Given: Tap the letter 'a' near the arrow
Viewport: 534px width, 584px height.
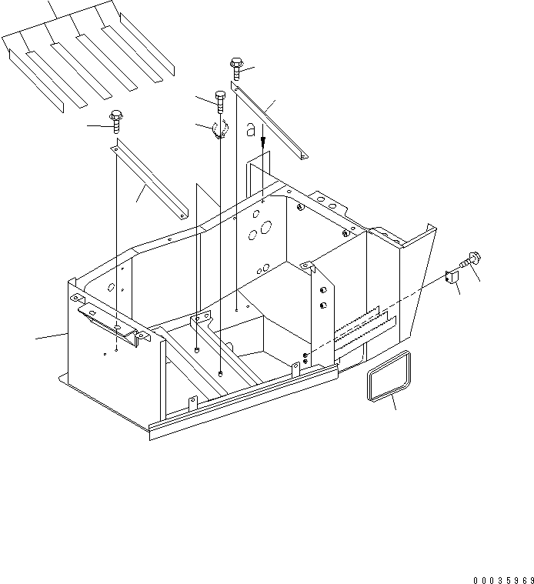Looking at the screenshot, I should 250,131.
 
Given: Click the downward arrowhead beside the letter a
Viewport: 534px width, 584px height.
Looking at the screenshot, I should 263,143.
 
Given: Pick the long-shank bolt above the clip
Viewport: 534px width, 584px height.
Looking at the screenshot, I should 221,103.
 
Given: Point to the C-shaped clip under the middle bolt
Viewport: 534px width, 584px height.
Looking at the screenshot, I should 219,130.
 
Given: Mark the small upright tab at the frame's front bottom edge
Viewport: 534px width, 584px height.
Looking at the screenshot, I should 193,402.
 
